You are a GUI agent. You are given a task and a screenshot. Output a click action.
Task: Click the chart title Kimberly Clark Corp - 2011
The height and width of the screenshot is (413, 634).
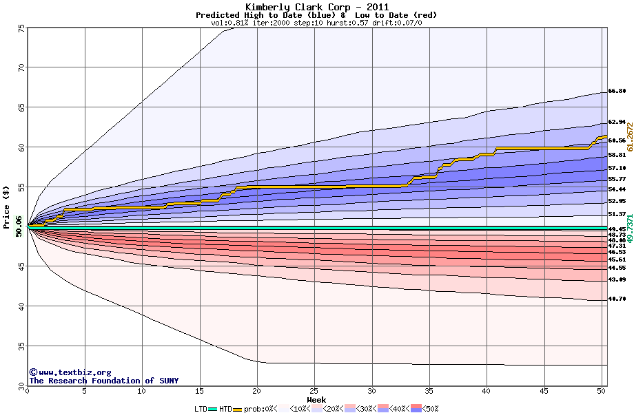coord(316,7)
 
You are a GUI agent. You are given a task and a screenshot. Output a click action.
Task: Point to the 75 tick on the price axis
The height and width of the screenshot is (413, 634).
coord(21,28)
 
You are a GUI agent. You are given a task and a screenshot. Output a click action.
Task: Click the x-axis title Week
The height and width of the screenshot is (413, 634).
coord(316,399)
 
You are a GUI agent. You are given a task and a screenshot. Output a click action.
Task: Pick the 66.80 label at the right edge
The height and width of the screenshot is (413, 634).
coord(617,91)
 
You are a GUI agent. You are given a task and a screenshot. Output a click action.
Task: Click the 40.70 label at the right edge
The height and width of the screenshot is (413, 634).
coord(617,299)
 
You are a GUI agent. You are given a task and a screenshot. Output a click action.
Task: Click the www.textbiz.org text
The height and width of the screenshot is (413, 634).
coord(70,372)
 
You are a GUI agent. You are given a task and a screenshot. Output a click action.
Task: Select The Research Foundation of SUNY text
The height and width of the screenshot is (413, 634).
coord(103,381)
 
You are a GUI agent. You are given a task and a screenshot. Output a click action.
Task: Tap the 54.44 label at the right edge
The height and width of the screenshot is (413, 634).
coord(617,189)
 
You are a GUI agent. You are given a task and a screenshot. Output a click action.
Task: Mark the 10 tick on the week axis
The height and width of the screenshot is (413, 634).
coord(142,391)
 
